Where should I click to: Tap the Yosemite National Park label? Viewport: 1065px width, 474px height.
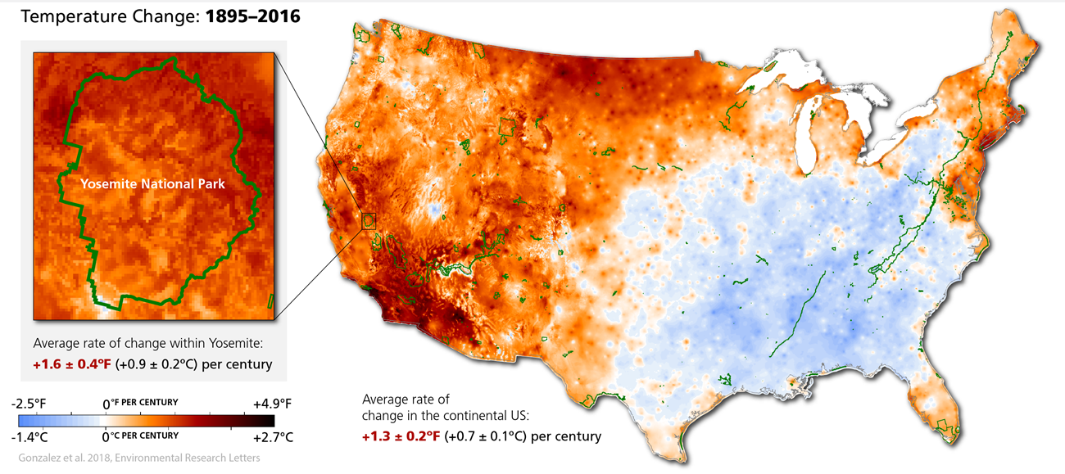click(x=152, y=185)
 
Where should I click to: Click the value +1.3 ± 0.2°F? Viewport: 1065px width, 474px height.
click(x=401, y=436)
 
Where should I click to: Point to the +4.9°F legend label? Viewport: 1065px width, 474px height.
click(x=272, y=404)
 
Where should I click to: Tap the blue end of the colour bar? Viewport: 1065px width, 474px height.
click(x=23, y=421)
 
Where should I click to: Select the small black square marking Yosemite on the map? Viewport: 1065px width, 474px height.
click(x=369, y=220)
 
